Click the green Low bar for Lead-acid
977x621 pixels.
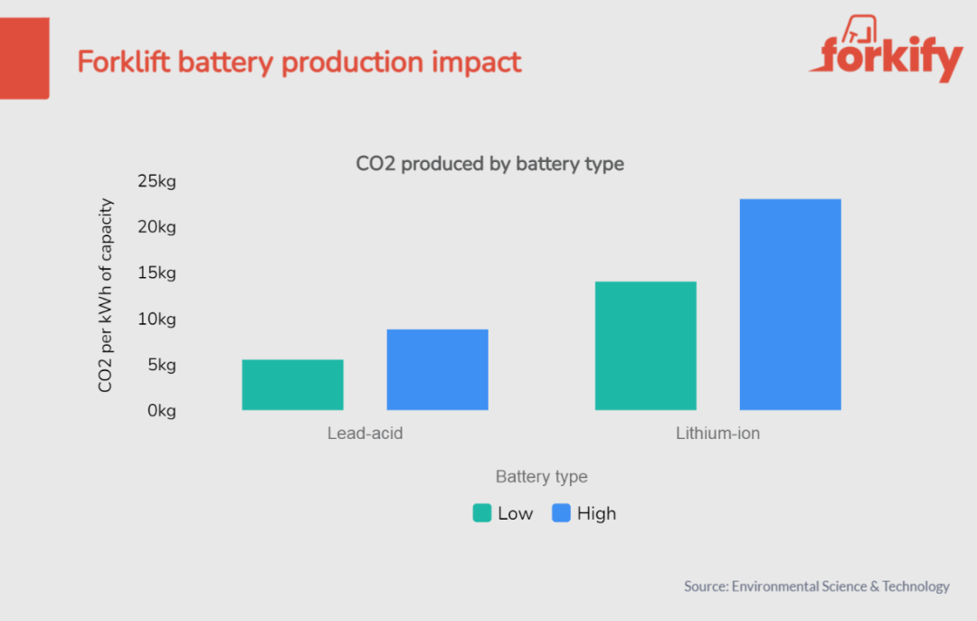(292, 385)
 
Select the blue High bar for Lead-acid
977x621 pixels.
(437, 369)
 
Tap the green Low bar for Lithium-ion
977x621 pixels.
(645, 346)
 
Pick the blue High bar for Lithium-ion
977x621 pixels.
(790, 304)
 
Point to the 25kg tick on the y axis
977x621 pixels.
(157, 181)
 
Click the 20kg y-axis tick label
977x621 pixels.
(157, 227)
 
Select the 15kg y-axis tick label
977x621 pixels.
(157, 273)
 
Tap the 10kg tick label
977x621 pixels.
(157, 320)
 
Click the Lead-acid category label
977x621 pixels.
(365, 434)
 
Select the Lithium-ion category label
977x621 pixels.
(717, 434)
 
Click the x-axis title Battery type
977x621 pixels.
(541, 477)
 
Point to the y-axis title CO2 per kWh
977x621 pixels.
(106, 295)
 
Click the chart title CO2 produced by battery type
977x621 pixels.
(489, 164)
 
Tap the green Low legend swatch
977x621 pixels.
(482, 513)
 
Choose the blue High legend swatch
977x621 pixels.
(562, 513)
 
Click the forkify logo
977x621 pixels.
(886, 56)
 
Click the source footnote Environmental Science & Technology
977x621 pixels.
(840, 587)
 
